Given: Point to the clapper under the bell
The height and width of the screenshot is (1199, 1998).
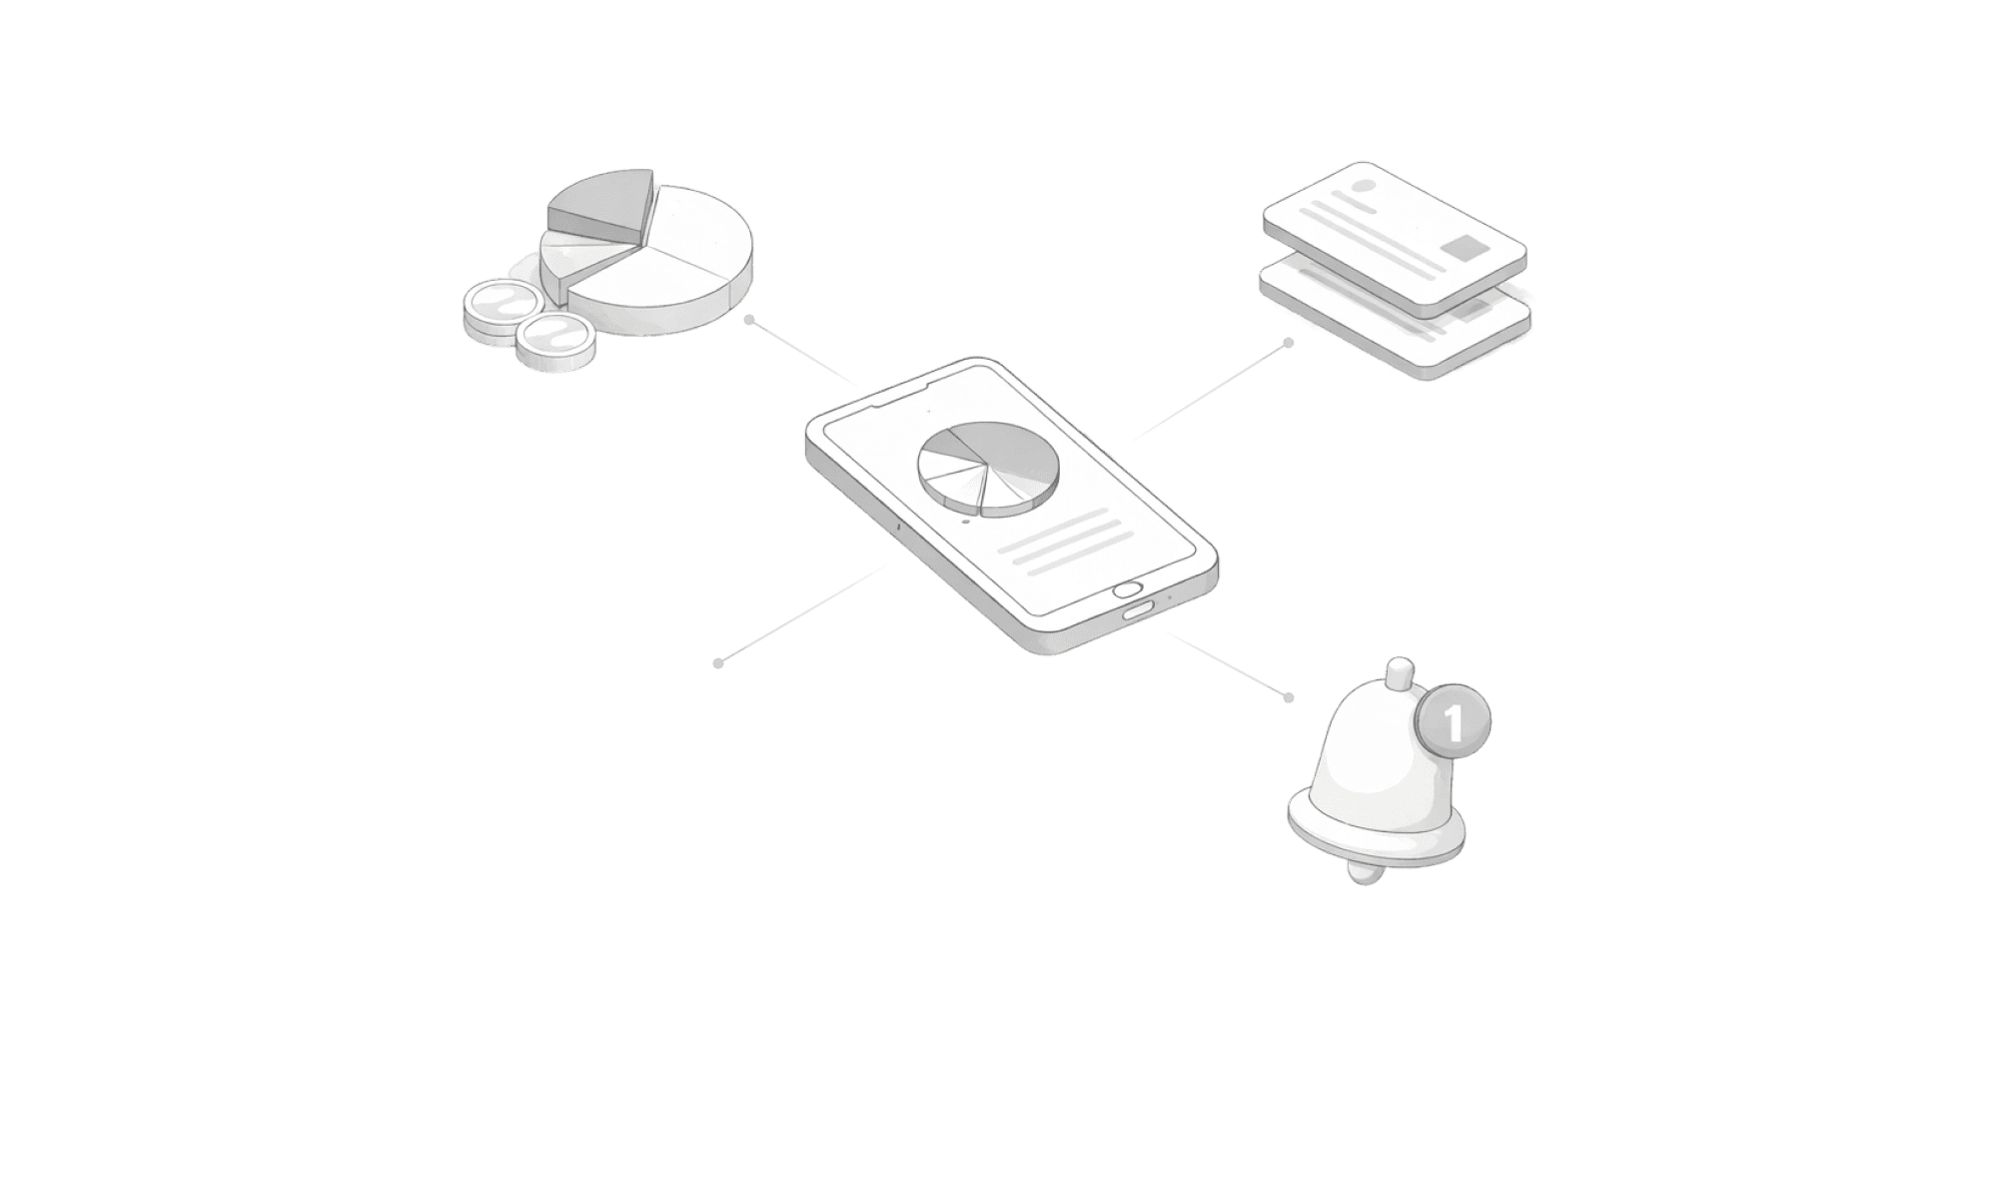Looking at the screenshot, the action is point(1365,872).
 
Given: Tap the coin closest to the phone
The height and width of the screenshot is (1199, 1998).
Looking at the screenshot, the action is point(553,340).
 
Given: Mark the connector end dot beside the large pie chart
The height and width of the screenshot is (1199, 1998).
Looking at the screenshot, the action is point(748,320).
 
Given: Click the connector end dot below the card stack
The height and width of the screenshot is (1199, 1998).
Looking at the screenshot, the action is point(1289,343).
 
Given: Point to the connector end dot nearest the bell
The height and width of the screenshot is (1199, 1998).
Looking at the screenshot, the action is point(1289,696).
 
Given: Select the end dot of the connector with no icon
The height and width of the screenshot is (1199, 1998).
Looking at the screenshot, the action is point(717,662).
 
